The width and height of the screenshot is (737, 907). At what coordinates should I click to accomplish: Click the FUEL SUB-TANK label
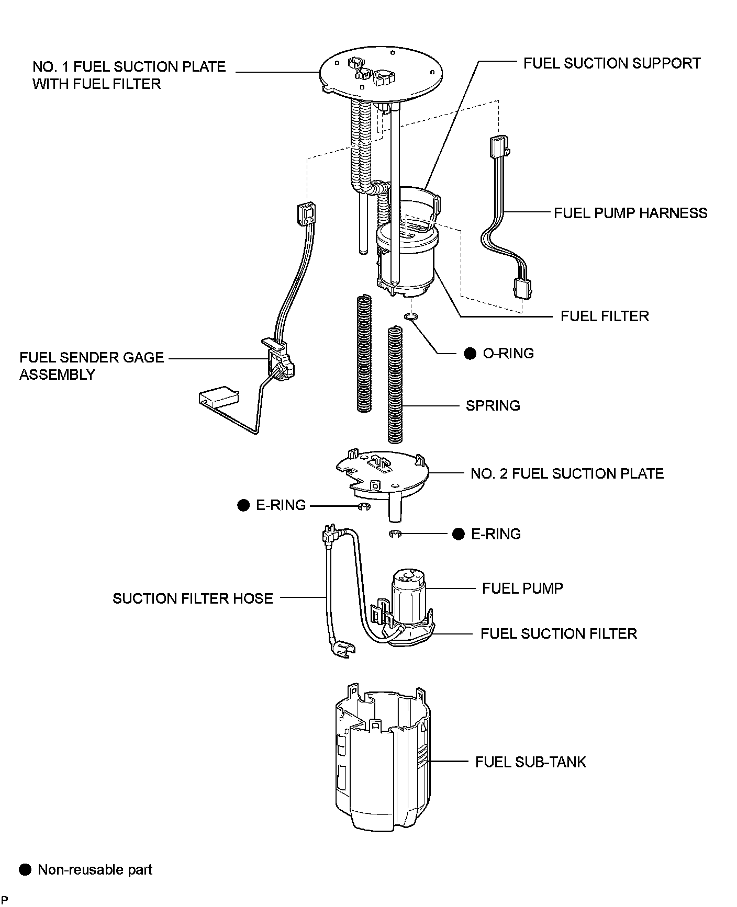[x=530, y=762]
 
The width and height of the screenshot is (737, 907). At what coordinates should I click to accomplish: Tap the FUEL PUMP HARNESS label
[x=630, y=213]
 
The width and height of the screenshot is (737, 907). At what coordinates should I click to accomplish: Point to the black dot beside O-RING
[x=470, y=354]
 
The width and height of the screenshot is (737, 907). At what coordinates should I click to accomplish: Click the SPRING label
[x=493, y=406]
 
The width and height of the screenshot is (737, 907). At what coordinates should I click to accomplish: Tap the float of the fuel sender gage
[x=218, y=396]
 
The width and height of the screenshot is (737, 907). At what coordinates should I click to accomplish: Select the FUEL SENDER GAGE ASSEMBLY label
[x=92, y=366]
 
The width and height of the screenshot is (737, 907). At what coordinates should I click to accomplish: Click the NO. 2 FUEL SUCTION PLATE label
[x=567, y=474]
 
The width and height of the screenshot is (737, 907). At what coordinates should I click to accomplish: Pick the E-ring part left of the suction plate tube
[x=364, y=506]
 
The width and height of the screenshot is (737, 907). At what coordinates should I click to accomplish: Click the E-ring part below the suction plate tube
[x=395, y=534]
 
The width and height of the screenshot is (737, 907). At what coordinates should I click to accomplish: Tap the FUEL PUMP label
[x=522, y=588]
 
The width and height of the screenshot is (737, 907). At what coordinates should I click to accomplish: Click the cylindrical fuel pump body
[x=408, y=596]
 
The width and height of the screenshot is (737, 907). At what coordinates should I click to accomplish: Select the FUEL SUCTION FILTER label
[x=559, y=634]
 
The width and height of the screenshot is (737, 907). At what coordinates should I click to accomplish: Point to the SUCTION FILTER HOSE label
[x=193, y=598]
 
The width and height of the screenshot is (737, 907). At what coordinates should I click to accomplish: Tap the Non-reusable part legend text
[x=95, y=870]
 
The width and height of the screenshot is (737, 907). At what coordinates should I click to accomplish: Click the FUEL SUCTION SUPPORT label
[x=612, y=63]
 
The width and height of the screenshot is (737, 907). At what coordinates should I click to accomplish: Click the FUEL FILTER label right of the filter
[x=605, y=316]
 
